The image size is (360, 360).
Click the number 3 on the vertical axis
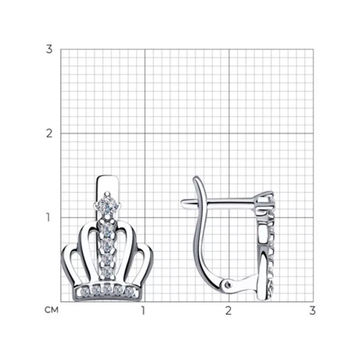(49, 49)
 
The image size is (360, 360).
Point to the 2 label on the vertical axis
(49, 134)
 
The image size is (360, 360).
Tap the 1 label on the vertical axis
(48, 217)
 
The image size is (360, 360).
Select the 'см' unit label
(51, 310)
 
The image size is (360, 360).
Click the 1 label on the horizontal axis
(143, 311)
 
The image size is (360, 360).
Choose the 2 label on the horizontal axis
(228, 311)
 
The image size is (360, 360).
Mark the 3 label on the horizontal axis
(312, 311)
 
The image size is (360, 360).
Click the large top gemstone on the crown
(107, 205)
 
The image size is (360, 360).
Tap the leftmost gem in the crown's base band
(85, 292)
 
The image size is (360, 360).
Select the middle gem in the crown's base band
(107, 291)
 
